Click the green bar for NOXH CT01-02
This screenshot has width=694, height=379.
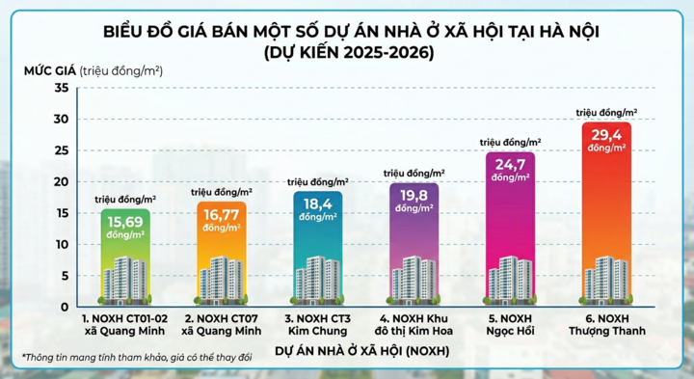pos(125,257)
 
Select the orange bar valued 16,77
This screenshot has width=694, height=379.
pos(222,253)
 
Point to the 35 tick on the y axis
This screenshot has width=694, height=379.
pos(61,89)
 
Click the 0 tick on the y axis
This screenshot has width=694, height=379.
pos(64,307)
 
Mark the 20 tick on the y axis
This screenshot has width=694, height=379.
pos(61,182)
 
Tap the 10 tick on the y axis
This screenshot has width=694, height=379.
pos(61,244)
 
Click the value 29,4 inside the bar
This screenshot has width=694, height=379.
pos(605,138)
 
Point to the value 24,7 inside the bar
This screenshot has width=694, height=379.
pos(510,166)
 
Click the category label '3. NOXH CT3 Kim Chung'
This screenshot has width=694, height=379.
pos(317,323)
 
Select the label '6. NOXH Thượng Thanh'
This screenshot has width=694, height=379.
pos(606,323)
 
